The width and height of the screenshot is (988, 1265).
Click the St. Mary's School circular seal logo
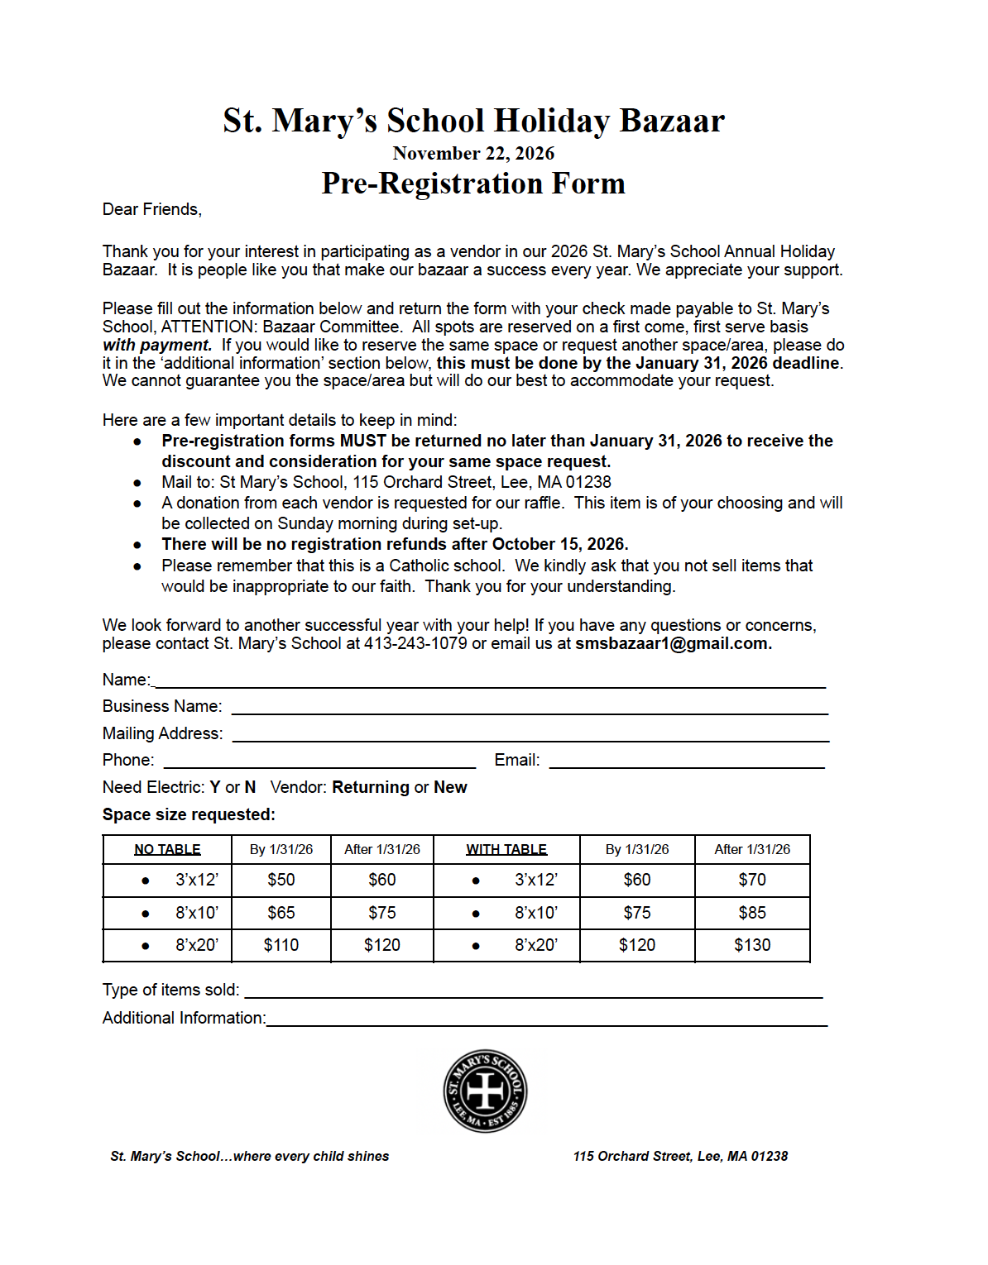point(485,1091)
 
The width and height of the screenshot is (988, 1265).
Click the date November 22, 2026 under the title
point(473,153)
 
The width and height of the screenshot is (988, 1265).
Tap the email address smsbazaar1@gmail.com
point(673,643)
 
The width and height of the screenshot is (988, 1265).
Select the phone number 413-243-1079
point(415,643)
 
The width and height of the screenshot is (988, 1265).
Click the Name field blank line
point(490,681)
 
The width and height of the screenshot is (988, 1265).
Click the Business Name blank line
point(530,708)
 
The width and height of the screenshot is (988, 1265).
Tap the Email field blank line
point(687,761)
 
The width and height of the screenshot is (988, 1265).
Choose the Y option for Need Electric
point(215,787)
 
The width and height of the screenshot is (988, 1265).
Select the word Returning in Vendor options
point(371,787)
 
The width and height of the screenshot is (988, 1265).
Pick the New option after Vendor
point(450,787)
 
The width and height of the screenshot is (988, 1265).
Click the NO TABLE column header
point(167,849)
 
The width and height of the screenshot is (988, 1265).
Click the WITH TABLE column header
point(506,849)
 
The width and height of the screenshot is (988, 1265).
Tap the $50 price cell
point(281,880)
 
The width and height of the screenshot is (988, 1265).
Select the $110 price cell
point(281,945)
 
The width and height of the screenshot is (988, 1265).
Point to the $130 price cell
point(752,945)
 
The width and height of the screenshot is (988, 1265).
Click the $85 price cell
point(752,913)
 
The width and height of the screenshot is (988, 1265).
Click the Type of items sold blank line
point(534,991)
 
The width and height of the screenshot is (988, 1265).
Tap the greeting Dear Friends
point(151,209)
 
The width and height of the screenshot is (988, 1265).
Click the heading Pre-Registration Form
point(473,184)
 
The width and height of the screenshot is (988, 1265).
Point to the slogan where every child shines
point(311,1156)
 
